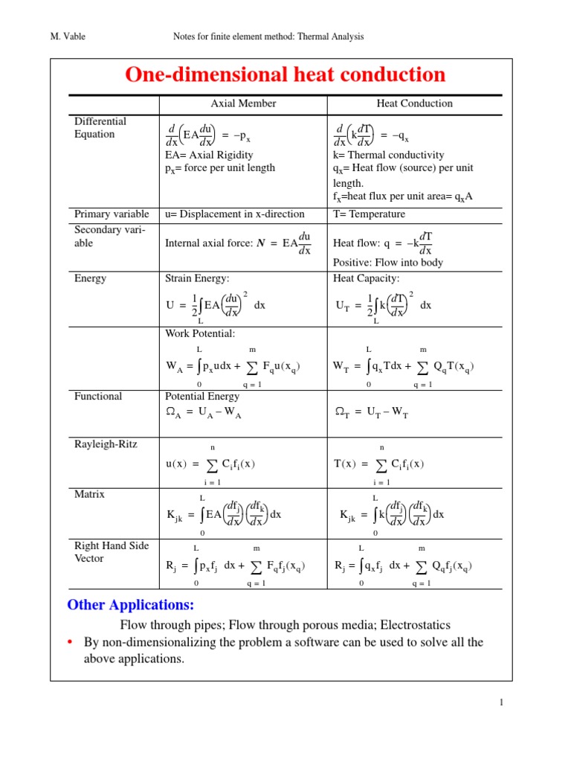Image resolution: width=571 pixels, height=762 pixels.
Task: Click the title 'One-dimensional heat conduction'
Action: coord(285,75)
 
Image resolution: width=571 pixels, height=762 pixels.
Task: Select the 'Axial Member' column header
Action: coord(243,103)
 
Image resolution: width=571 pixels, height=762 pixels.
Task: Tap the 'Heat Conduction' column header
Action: coord(414,103)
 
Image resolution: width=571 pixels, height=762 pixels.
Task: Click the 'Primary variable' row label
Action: coord(111,214)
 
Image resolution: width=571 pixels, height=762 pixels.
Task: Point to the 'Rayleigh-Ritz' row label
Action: coord(106,444)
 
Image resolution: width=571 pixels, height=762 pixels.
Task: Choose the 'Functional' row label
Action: coord(98,397)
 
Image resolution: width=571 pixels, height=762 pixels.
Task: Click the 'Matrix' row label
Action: coord(90,494)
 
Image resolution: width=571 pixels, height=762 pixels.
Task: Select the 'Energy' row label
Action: coord(90,278)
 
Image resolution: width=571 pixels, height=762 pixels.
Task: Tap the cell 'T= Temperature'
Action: coord(370,214)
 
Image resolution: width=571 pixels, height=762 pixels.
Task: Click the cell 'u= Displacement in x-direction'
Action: coord(234,214)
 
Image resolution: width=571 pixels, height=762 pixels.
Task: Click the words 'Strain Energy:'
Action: coord(197,278)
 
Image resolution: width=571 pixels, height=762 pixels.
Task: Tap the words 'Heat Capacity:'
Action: coord(367,278)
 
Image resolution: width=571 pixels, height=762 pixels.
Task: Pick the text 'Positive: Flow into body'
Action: coord(388,262)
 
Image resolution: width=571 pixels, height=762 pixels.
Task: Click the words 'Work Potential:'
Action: coord(200,333)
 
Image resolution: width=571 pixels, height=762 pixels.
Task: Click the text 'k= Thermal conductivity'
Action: coord(389,155)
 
